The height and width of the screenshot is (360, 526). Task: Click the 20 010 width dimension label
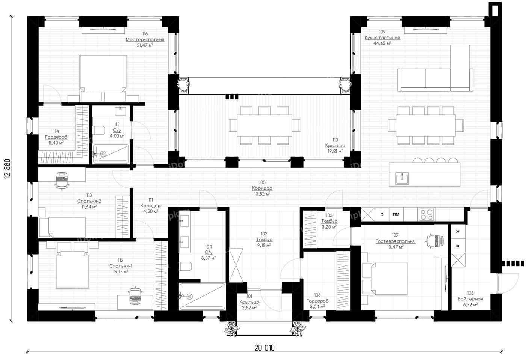click(x=265, y=348)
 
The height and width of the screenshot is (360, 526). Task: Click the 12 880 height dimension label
click(x=7, y=169)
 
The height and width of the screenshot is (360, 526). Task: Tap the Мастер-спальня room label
click(x=145, y=39)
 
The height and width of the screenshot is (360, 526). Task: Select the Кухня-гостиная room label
click(x=382, y=38)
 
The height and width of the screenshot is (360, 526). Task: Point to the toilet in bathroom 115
click(x=99, y=130)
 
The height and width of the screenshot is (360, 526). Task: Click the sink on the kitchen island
click(x=402, y=178)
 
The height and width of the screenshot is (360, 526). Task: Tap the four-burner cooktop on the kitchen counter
click(x=427, y=214)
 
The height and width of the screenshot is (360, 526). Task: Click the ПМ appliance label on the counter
click(x=396, y=214)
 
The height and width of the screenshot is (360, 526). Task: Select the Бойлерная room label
click(x=470, y=299)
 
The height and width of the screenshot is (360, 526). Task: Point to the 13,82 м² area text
click(x=262, y=194)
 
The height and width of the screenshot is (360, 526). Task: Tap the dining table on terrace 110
click(x=265, y=125)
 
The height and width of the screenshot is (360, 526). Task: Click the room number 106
click(x=317, y=295)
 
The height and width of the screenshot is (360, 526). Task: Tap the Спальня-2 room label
click(x=89, y=201)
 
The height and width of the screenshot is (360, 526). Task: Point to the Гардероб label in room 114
click(x=56, y=137)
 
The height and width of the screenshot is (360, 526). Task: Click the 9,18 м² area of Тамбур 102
click(x=264, y=245)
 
